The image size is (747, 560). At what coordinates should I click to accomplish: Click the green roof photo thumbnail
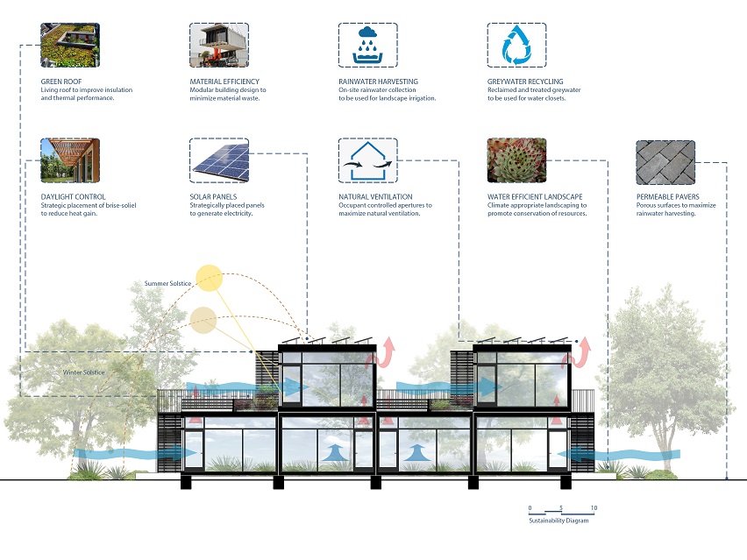[70, 46]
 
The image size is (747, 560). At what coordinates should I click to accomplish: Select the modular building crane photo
[219, 46]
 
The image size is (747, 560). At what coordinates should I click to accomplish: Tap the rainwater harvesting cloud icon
[367, 46]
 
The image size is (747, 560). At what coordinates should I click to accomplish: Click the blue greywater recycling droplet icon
[517, 46]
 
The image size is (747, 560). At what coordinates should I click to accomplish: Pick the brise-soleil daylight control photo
[70, 160]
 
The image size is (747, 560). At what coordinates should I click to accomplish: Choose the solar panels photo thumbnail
[219, 160]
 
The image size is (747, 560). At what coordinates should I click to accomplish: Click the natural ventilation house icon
[367, 160]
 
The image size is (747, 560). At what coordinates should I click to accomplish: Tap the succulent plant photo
[517, 160]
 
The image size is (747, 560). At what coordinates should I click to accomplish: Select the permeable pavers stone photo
[665, 162]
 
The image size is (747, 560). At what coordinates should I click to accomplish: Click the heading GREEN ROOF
[61, 82]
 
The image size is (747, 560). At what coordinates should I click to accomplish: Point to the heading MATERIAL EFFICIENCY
[224, 82]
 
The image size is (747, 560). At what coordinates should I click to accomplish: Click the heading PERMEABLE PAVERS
[668, 196]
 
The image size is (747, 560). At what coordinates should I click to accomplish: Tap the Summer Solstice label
[167, 283]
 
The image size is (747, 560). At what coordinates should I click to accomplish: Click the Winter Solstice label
[84, 372]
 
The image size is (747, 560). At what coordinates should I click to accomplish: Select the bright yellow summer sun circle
[210, 278]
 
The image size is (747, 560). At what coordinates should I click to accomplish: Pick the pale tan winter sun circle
[203, 320]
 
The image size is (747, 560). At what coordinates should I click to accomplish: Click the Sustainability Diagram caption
[558, 521]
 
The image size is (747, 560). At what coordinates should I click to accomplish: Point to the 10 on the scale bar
[594, 508]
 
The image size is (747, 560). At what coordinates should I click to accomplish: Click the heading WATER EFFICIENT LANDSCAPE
[535, 196]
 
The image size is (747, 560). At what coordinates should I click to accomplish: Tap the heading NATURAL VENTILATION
[375, 196]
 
